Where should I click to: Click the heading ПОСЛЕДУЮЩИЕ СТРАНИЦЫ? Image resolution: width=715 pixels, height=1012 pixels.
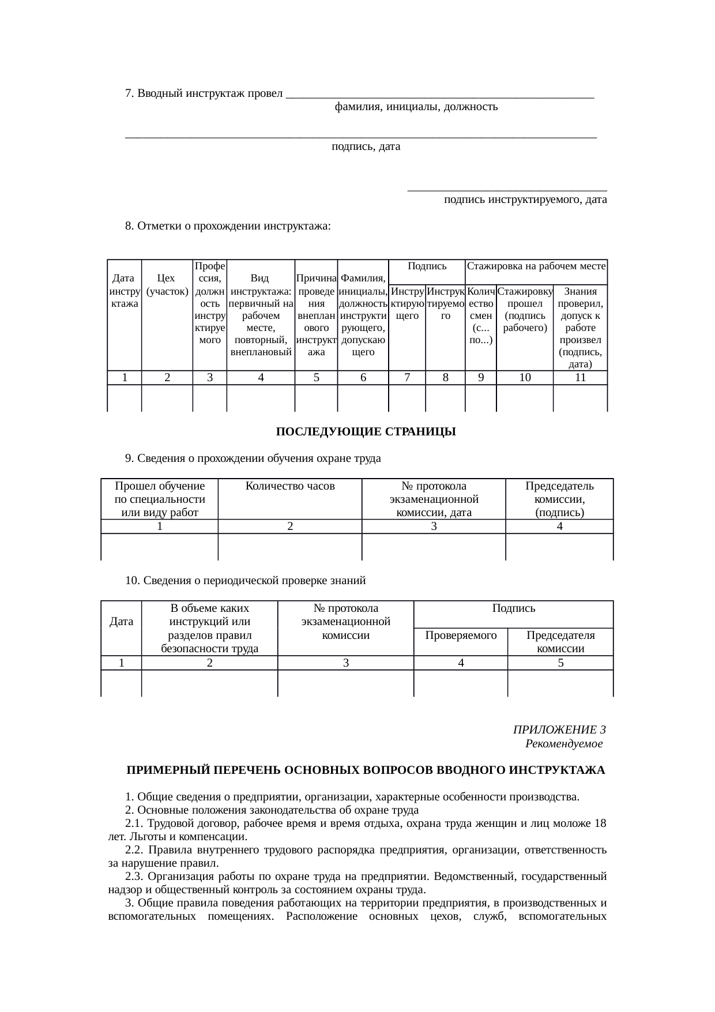click(x=366, y=432)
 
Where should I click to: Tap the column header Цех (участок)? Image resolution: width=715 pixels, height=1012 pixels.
click(x=167, y=285)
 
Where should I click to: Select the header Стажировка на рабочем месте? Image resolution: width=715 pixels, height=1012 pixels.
click(x=536, y=266)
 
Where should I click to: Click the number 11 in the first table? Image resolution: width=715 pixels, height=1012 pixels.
click(x=580, y=378)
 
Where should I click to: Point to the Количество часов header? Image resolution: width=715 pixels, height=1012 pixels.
click(x=290, y=486)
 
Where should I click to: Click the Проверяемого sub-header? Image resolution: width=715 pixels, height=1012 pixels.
click(x=461, y=635)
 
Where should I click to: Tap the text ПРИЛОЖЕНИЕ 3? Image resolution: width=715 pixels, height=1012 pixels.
click(x=559, y=730)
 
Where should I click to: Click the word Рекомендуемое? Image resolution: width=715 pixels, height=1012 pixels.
click(x=563, y=744)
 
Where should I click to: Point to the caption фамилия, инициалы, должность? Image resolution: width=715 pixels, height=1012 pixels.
click(x=416, y=107)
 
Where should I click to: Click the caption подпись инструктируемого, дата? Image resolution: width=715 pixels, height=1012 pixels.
click(x=525, y=200)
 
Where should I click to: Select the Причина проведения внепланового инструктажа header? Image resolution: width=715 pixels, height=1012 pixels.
click(x=316, y=315)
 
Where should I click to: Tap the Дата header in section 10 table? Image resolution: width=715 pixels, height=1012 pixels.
click(x=121, y=622)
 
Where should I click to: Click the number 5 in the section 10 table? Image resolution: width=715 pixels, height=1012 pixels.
click(x=560, y=663)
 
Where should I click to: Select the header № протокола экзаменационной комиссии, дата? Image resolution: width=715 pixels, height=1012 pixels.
click(x=434, y=499)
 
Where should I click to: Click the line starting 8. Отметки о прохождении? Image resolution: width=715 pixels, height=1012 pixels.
click(x=228, y=226)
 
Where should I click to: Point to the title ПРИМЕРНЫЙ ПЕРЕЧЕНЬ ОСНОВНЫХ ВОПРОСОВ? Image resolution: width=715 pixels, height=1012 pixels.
click(x=366, y=770)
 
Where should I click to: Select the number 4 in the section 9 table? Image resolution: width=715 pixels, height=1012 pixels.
click(x=559, y=526)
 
